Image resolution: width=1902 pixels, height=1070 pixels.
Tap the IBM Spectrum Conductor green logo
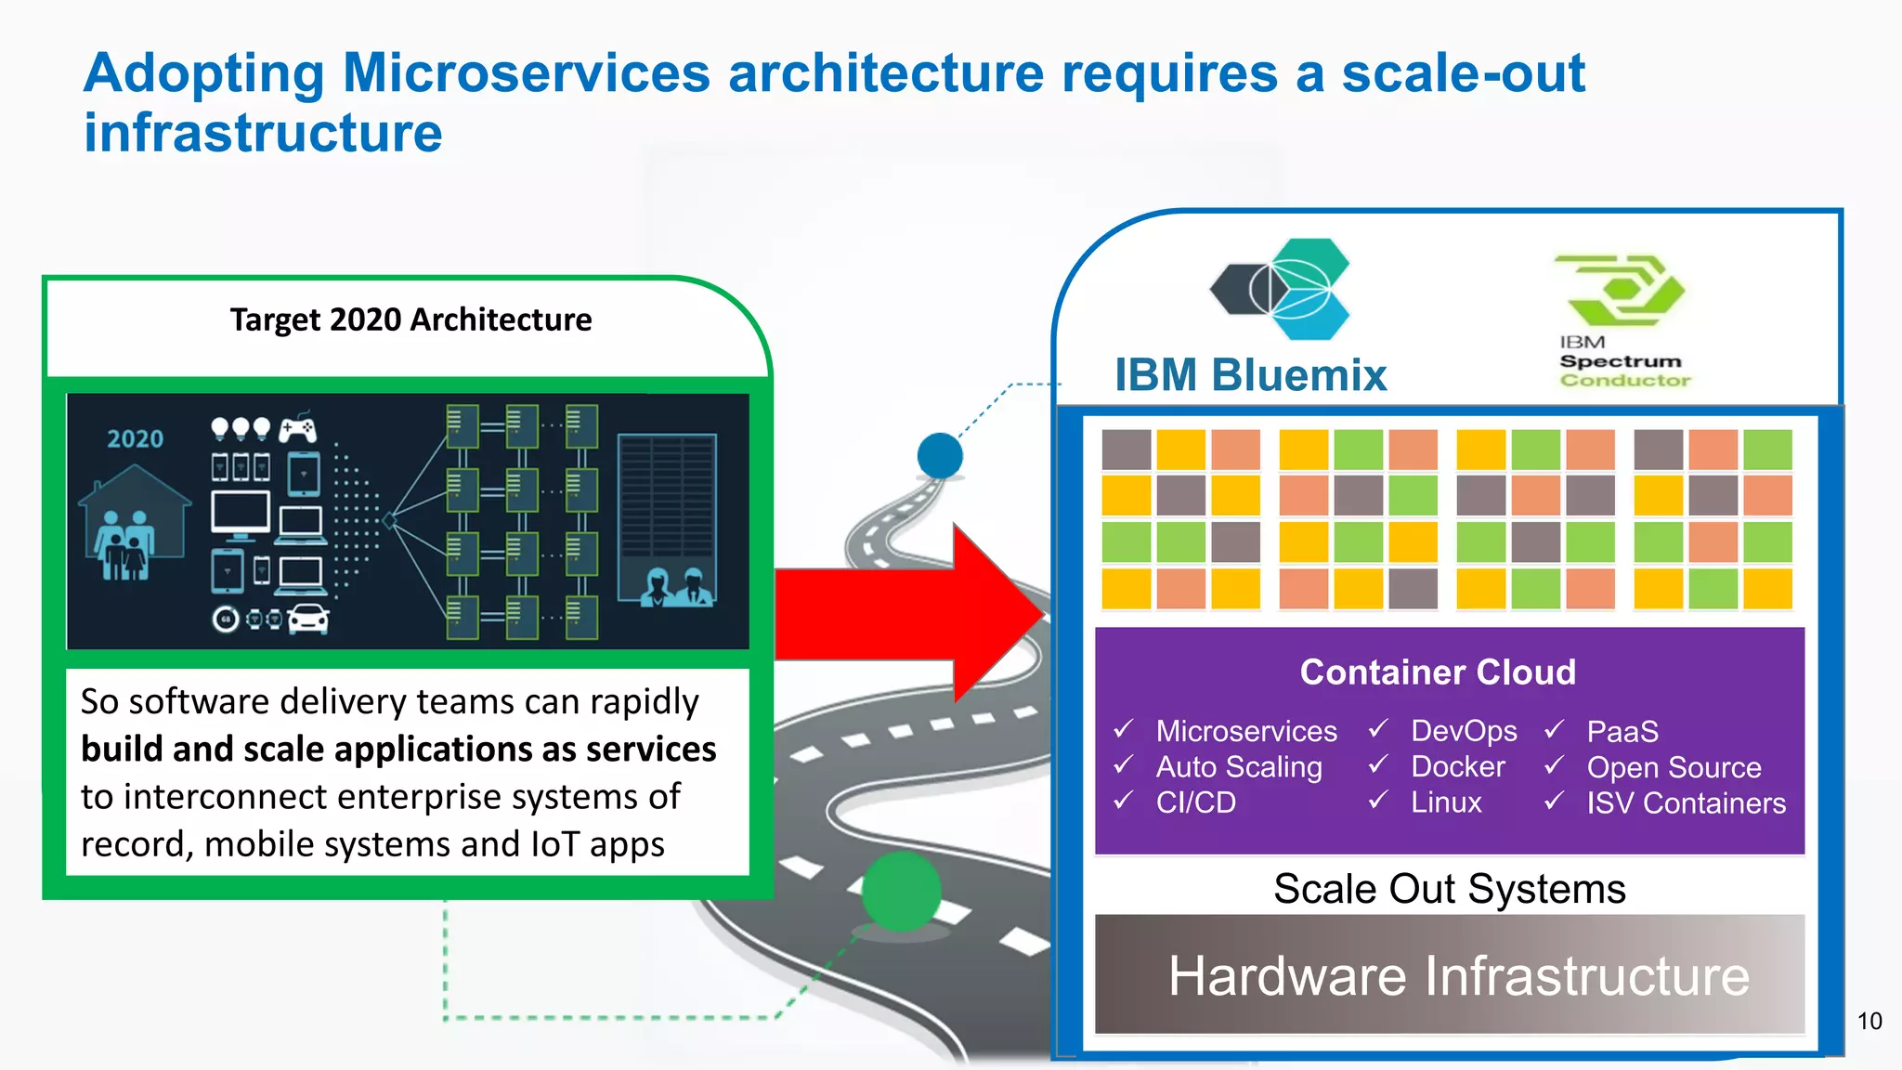(1622, 290)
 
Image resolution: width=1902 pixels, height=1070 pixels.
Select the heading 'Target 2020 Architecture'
(410, 320)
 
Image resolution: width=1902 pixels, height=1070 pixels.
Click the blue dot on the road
(940, 455)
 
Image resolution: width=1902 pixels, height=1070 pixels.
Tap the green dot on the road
(901, 890)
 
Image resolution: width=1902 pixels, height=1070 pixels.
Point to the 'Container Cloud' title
(1438, 672)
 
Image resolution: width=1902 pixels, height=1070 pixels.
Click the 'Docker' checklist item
(1457, 766)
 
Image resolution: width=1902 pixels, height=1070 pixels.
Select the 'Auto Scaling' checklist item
(1238, 766)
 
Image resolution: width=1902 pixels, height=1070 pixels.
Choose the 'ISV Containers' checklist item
(1686, 802)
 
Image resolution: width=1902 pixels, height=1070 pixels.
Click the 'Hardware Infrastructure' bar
(1449, 974)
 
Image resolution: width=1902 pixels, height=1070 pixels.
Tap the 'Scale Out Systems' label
(1449, 889)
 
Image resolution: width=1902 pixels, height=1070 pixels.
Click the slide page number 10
(1869, 1021)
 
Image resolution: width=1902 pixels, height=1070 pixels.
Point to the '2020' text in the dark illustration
(135, 439)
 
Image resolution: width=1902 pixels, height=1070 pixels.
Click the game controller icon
(298, 428)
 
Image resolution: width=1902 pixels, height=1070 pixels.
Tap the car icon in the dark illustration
(308, 619)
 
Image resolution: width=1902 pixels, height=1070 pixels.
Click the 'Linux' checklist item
(1446, 802)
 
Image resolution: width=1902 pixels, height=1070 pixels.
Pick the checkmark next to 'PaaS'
(1555, 730)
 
